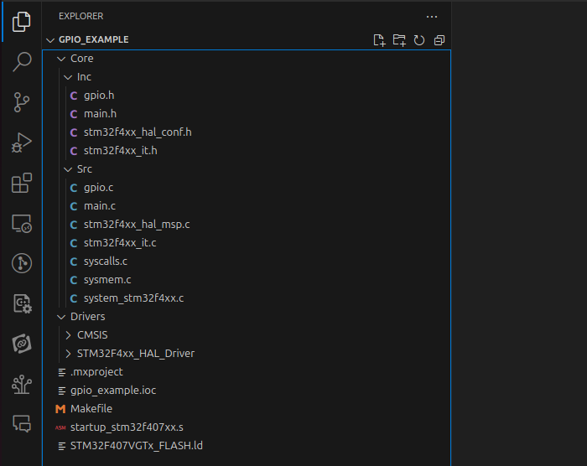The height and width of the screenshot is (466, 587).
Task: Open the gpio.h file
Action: point(99,96)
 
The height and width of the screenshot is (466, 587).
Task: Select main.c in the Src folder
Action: point(100,206)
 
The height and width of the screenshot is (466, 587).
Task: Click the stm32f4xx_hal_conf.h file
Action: point(138,132)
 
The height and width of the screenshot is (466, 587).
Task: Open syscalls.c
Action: point(105,261)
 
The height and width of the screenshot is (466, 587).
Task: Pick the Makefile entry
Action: point(91,409)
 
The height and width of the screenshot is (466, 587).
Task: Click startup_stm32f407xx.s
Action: point(127,427)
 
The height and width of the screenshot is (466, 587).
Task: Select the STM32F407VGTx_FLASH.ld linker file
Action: point(136,446)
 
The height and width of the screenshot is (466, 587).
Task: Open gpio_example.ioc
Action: point(113,391)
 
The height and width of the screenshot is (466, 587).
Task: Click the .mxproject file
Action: point(96,372)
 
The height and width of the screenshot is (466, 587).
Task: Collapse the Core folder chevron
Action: point(61,59)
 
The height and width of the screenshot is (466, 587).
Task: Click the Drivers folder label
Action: point(87,317)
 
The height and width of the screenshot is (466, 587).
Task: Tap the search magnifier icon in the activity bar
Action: point(22,61)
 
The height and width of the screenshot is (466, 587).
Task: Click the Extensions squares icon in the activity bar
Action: point(22,183)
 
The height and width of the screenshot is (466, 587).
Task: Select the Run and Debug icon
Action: point(22,142)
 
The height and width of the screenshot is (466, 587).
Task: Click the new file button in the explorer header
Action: point(379,40)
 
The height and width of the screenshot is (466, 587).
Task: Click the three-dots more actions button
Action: point(432,17)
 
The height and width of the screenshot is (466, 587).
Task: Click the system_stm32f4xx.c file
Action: point(133,298)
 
